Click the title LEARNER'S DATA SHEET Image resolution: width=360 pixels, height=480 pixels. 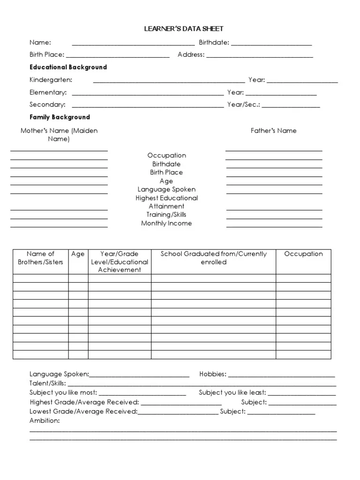183,29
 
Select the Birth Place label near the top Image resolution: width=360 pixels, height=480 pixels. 47,55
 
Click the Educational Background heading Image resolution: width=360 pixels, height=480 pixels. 68,67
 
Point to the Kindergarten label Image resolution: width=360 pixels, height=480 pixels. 51,80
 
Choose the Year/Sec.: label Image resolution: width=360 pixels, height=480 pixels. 243,105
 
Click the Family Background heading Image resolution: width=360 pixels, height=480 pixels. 60,117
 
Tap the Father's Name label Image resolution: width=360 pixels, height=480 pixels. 273,131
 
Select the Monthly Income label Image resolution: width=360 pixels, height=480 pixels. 166,224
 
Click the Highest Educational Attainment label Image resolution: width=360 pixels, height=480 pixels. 167,202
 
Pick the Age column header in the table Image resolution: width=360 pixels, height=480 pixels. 78,254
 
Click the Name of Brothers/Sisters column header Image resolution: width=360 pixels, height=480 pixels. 40,258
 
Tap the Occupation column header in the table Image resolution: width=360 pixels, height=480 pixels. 303,254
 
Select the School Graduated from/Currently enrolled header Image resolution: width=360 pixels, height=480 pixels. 213,258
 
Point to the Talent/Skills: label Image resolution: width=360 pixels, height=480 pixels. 48,383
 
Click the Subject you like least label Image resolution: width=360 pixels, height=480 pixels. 232,393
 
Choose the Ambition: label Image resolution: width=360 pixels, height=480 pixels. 45,420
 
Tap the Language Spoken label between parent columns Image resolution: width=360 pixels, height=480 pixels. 166,189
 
